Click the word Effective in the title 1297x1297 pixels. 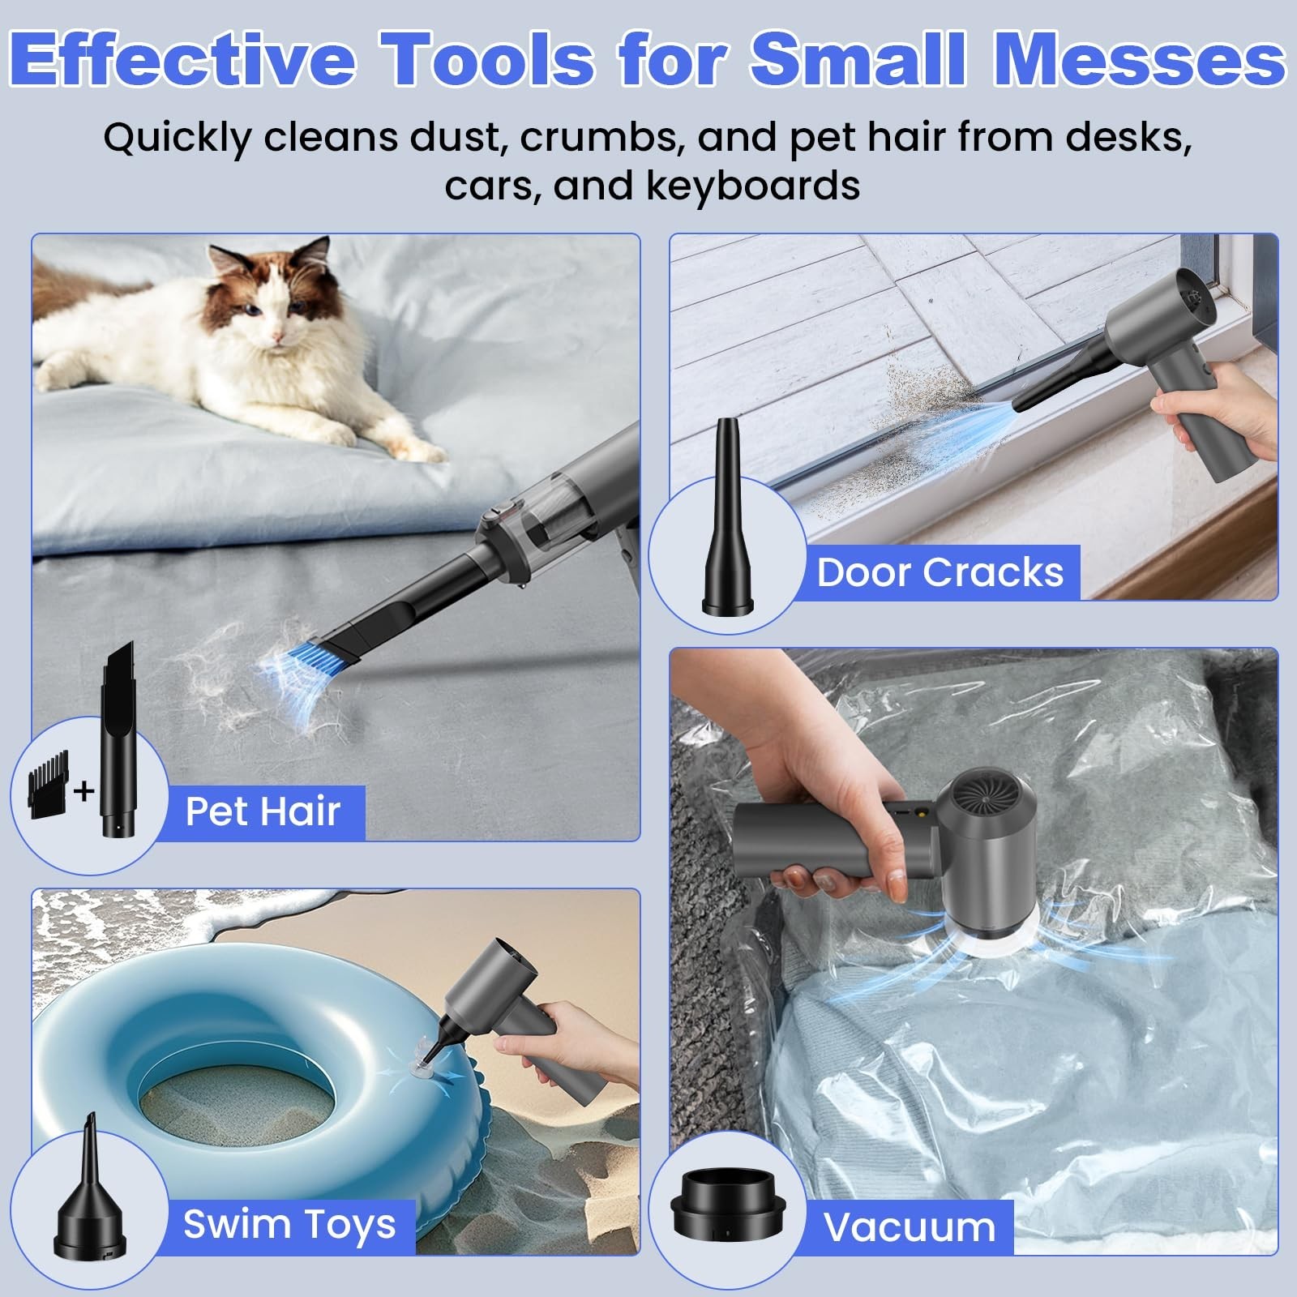183,58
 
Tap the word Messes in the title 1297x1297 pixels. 1139,58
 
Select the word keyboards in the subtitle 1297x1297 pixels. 752,186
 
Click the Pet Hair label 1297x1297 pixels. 263,811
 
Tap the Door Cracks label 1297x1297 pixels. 940,572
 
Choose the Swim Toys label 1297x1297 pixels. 289,1224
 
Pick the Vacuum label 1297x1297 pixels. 910,1227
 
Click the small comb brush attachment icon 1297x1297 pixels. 49,785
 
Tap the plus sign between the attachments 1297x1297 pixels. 83,790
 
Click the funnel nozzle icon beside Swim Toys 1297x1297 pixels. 89,1192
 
